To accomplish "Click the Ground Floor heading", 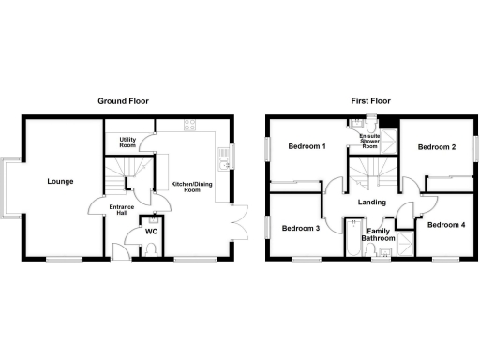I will pyautogui.click(x=125, y=101).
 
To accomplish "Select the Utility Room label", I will pyautogui.click(x=128, y=143).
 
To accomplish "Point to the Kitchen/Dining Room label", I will pyautogui.click(x=186, y=187).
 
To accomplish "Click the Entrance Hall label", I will pyautogui.click(x=123, y=211).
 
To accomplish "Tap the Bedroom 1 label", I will pyautogui.click(x=307, y=147).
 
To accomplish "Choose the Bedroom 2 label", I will pyautogui.click(x=436, y=147).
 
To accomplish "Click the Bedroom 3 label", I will pyautogui.click(x=301, y=228).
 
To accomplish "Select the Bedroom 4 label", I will pyautogui.click(x=445, y=225).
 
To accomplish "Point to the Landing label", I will pyautogui.click(x=372, y=202).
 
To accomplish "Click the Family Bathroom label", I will pyautogui.click(x=380, y=235).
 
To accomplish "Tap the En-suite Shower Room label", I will pyautogui.click(x=369, y=142).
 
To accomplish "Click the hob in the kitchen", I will pyautogui.click(x=190, y=125).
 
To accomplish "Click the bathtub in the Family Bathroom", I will pyautogui.click(x=352, y=238).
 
